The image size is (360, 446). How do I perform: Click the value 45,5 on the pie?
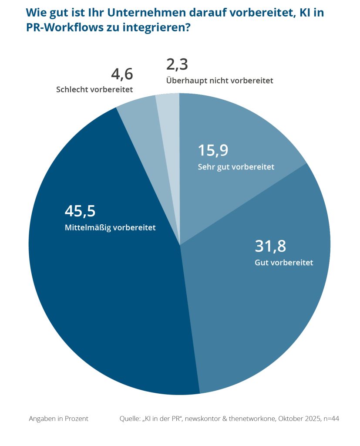pyautogui.click(x=80, y=211)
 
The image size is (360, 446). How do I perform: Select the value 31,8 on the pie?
pyautogui.click(x=270, y=247)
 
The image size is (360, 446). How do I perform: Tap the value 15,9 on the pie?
pyautogui.click(x=213, y=150)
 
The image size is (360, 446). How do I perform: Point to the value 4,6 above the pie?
pyautogui.click(x=122, y=74)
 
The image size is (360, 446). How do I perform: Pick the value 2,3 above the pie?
pyautogui.click(x=177, y=64)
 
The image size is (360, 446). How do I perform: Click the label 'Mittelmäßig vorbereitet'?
pyautogui.click(x=110, y=227)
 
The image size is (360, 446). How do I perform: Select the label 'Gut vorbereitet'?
pyautogui.click(x=284, y=263)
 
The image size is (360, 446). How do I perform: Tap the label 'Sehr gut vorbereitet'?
pyautogui.click(x=236, y=166)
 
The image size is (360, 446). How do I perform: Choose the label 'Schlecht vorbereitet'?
pyautogui.click(x=94, y=90)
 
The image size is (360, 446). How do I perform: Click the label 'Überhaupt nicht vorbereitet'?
pyautogui.click(x=219, y=81)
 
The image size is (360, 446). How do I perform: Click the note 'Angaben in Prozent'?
pyautogui.click(x=58, y=419)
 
